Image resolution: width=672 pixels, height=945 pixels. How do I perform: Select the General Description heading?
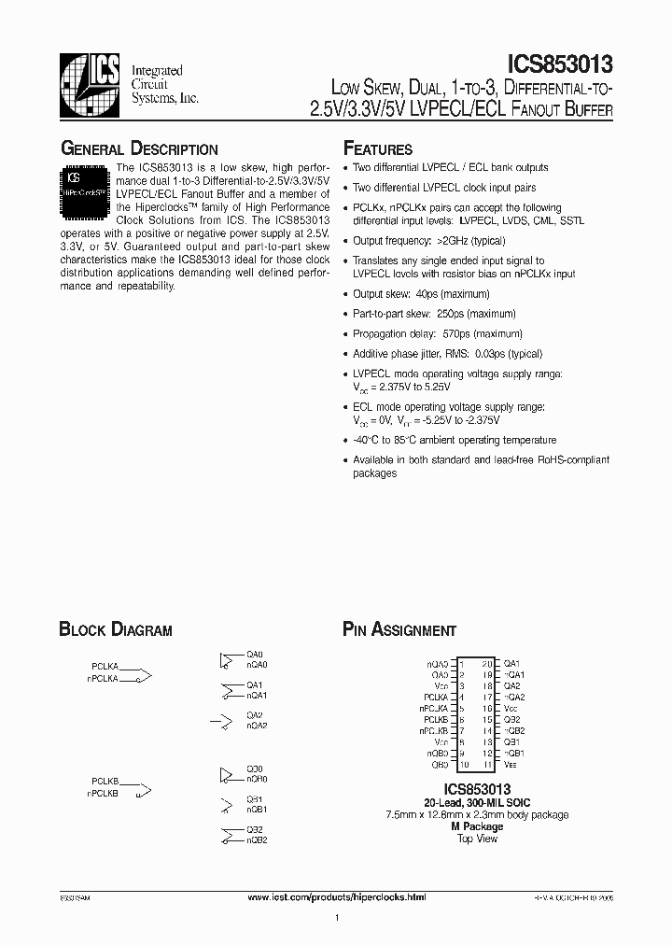[x=139, y=148]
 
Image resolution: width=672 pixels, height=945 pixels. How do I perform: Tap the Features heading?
[x=377, y=148]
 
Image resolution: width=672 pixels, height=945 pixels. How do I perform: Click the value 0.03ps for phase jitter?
[x=500, y=354]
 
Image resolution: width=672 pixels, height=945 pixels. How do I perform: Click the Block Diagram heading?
[x=116, y=630]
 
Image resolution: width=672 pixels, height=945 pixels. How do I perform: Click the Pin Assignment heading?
[x=399, y=630]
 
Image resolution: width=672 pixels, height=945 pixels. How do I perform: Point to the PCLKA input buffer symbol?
[x=136, y=673]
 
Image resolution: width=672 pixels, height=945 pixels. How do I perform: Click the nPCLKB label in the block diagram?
[x=103, y=793]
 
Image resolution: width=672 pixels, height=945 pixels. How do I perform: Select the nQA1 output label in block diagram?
[x=257, y=696]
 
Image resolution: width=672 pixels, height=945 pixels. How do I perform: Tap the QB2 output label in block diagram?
[x=255, y=829]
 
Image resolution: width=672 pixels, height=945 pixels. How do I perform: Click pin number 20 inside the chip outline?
[x=486, y=663]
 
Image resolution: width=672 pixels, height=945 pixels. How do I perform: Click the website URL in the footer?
[x=337, y=896]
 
